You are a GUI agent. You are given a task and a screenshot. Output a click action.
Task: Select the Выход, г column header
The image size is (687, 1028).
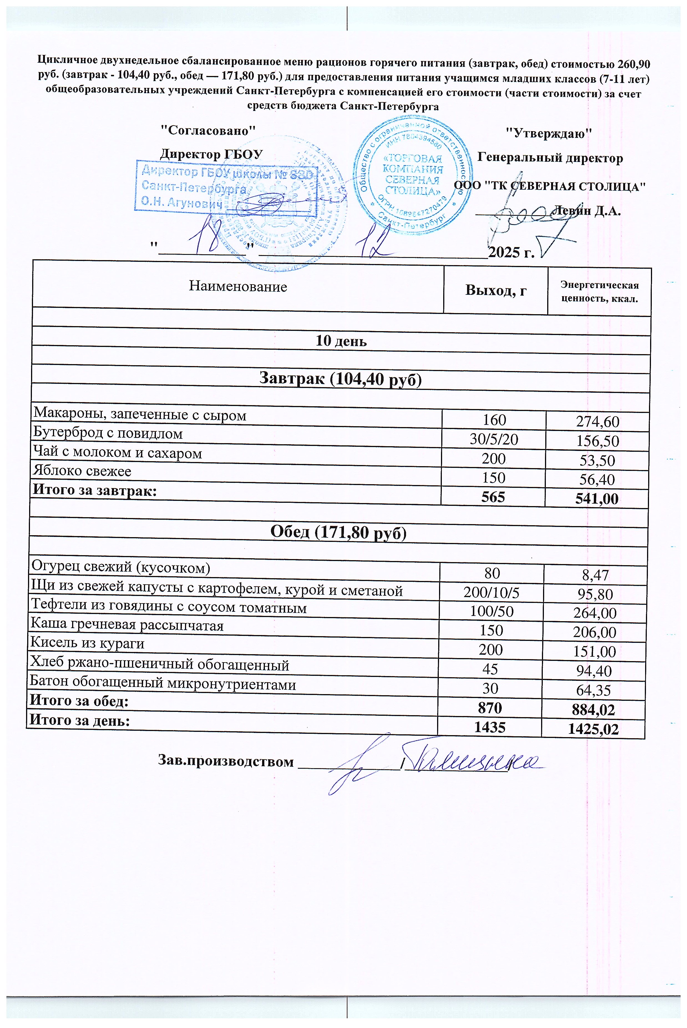point(496,290)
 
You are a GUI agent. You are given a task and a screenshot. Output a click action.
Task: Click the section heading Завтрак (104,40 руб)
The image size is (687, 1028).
point(340,379)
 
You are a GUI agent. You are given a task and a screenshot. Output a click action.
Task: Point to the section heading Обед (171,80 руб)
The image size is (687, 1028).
point(338,532)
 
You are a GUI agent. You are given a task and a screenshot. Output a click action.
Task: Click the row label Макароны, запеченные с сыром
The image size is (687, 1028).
point(140,414)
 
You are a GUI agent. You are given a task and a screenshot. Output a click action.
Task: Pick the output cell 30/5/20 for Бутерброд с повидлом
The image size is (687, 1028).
point(494,439)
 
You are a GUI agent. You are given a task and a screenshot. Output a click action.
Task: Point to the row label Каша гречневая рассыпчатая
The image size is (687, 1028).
point(127,625)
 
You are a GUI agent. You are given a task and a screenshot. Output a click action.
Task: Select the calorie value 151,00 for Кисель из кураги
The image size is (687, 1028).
point(595,652)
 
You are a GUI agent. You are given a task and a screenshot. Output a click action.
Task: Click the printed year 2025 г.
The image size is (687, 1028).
point(511,253)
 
